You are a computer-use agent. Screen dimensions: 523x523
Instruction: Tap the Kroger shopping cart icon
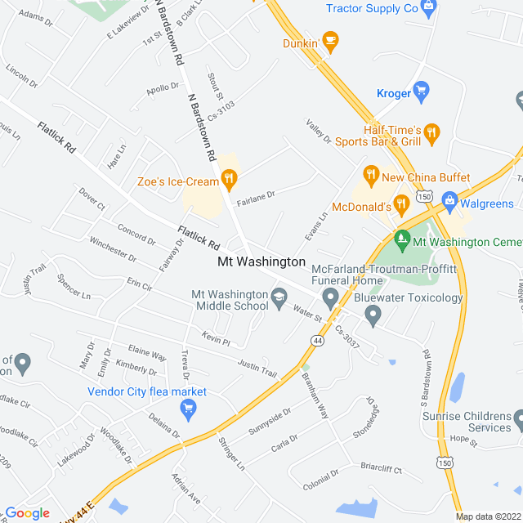click(x=422, y=89)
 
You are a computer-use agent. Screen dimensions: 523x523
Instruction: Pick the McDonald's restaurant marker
click(x=400, y=203)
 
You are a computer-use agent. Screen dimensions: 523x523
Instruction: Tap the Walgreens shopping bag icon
click(x=449, y=199)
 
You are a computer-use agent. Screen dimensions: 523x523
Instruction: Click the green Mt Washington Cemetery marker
click(x=401, y=240)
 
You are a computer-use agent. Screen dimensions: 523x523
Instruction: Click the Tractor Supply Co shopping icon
click(x=428, y=7)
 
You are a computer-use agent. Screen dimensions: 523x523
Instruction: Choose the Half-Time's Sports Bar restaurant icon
click(x=432, y=131)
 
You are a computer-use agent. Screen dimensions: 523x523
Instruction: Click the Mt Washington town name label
click(x=261, y=262)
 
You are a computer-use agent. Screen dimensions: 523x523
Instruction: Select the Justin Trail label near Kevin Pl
click(x=257, y=368)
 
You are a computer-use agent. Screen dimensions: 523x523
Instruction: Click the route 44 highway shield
click(x=316, y=339)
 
